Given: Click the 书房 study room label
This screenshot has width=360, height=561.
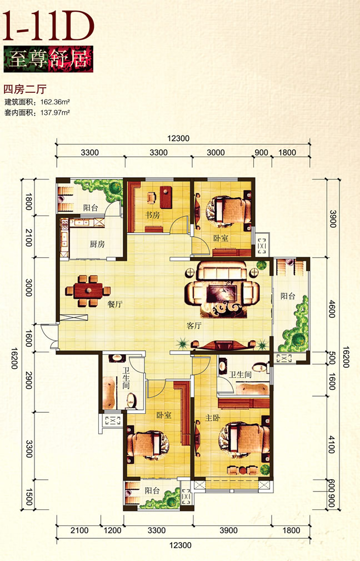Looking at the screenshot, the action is tap(152, 215).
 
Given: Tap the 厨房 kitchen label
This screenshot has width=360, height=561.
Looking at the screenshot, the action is tap(97, 244).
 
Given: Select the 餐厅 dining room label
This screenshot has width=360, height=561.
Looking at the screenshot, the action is tap(115, 304).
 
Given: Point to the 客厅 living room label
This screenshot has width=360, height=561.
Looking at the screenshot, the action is tap(194, 325).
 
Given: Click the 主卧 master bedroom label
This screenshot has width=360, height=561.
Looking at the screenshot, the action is tap(213, 418).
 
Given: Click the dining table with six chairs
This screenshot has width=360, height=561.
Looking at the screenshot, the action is tap(88, 291).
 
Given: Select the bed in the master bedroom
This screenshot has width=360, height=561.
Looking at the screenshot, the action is tap(243, 439).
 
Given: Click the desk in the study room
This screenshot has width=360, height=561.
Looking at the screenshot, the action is tap(166, 197).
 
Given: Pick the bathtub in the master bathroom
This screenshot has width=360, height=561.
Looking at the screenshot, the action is tap(252, 389).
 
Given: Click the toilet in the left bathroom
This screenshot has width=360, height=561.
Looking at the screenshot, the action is tap(131, 400).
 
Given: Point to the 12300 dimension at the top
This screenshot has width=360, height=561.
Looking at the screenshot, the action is tap(178, 138).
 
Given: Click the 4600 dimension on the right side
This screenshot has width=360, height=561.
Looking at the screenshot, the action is tap(332, 309).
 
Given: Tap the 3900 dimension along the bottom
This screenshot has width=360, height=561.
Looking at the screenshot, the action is tap(229, 530).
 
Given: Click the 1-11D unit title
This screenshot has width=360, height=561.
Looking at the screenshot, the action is tap(48, 26).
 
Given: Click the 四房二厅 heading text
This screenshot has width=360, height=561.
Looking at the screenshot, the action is tap(25, 88).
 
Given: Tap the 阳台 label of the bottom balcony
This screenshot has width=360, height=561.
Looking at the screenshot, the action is tap(152, 490).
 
